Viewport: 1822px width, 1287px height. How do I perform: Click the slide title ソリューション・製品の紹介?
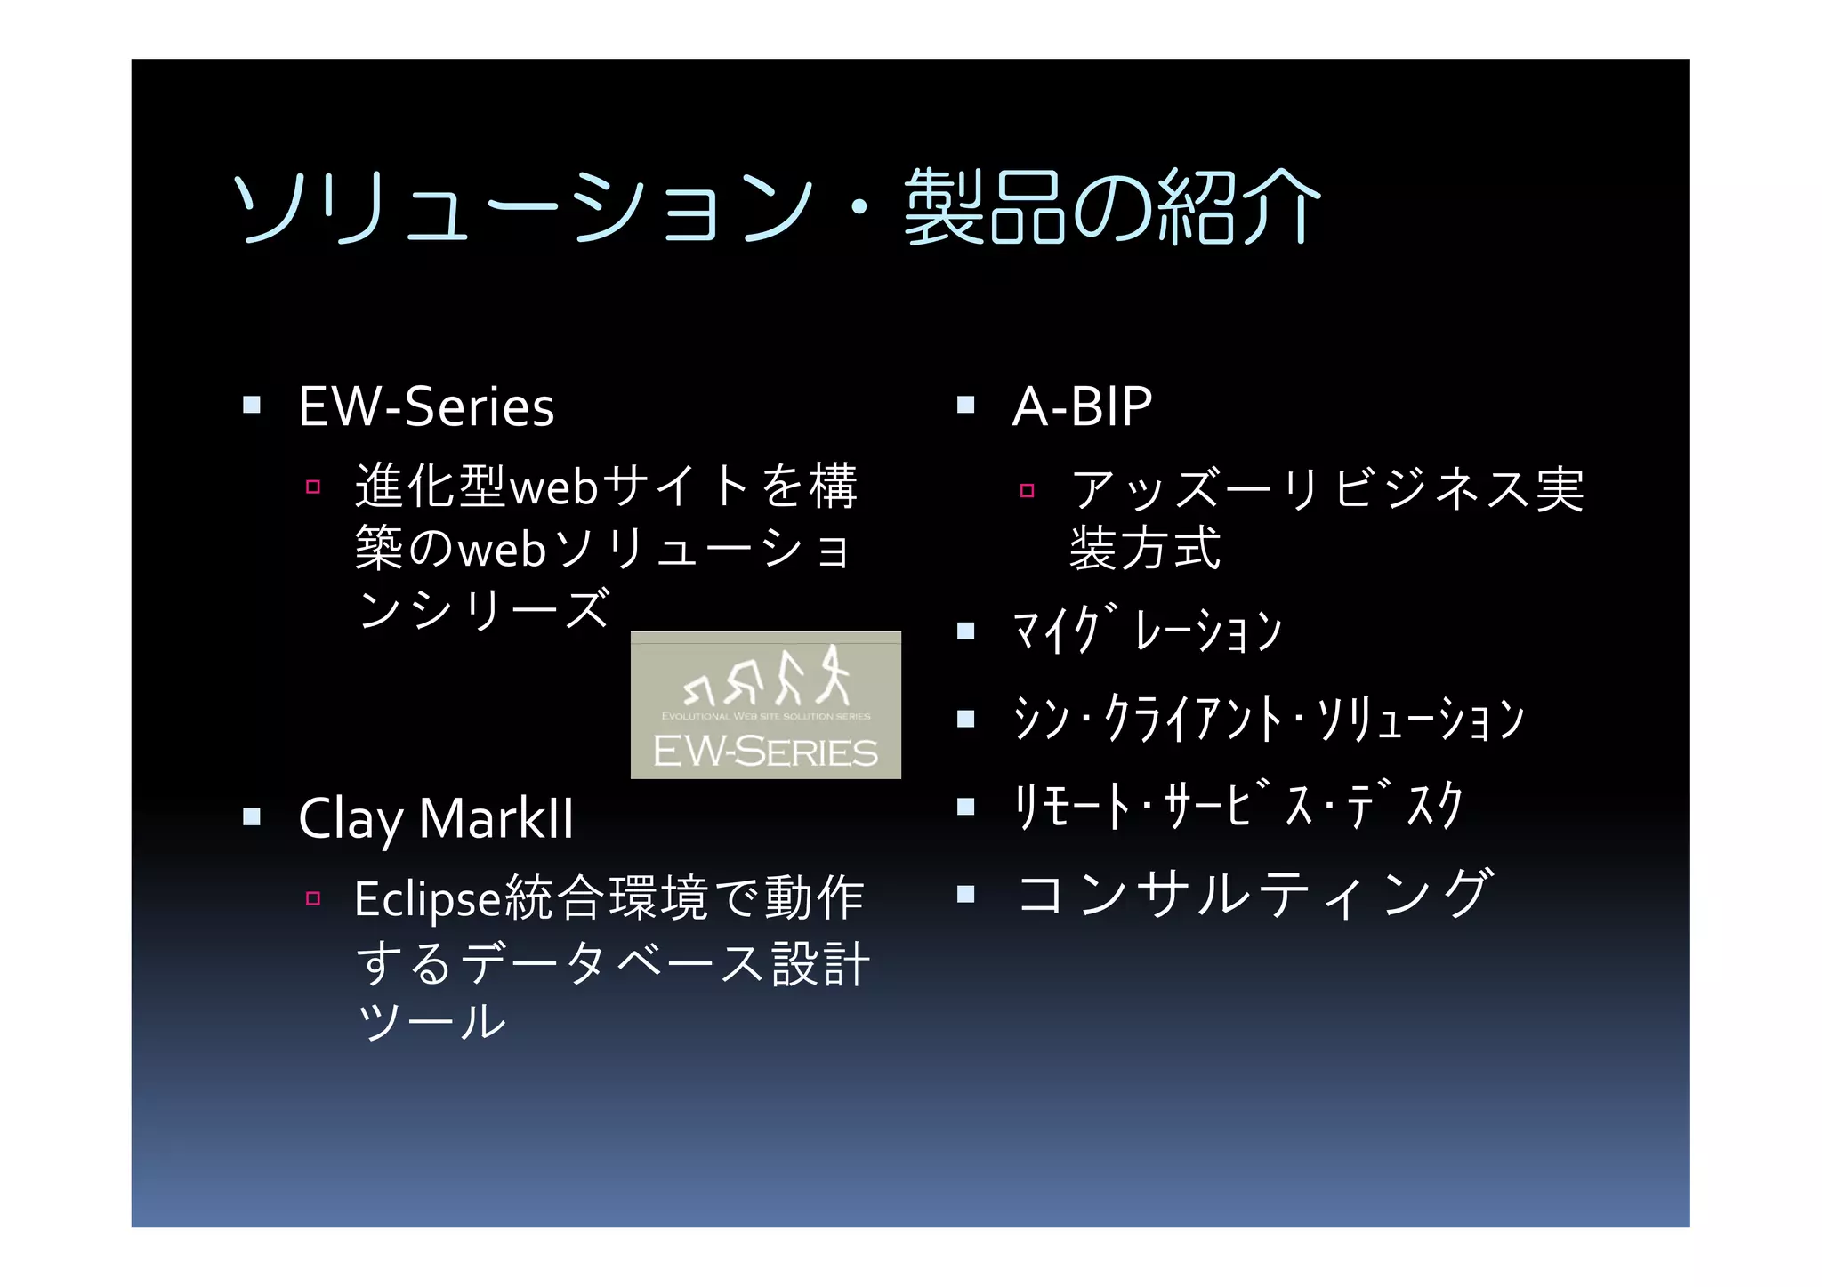(x=776, y=207)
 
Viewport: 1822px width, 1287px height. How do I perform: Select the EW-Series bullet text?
(x=426, y=407)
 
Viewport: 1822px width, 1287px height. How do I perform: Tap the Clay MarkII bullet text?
(x=436, y=818)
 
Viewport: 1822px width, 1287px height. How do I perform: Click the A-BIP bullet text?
(x=1082, y=407)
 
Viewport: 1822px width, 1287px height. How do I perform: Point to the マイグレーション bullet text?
(x=1148, y=631)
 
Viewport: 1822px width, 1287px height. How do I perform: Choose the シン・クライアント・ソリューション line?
(x=1269, y=718)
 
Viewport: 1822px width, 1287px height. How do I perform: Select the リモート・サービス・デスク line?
(x=1238, y=806)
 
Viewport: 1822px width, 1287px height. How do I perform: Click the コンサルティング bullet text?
(x=1254, y=893)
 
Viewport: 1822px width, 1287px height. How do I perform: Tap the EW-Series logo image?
(x=765, y=705)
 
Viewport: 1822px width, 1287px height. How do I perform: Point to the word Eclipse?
(x=428, y=899)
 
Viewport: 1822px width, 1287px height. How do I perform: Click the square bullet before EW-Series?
(x=252, y=406)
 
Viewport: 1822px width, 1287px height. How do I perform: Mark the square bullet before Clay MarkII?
(x=252, y=816)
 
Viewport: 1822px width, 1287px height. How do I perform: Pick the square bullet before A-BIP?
(x=966, y=406)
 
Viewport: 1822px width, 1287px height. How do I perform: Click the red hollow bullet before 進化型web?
(x=312, y=487)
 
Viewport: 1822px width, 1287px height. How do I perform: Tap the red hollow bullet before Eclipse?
(x=312, y=898)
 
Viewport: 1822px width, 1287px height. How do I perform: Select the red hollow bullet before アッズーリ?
(x=1027, y=490)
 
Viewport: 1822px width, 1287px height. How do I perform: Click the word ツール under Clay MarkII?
(x=431, y=1022)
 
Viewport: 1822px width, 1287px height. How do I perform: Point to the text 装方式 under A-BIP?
(x=1145, y=548)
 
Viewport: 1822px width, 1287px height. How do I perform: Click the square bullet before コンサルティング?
(x=966, y=893)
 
